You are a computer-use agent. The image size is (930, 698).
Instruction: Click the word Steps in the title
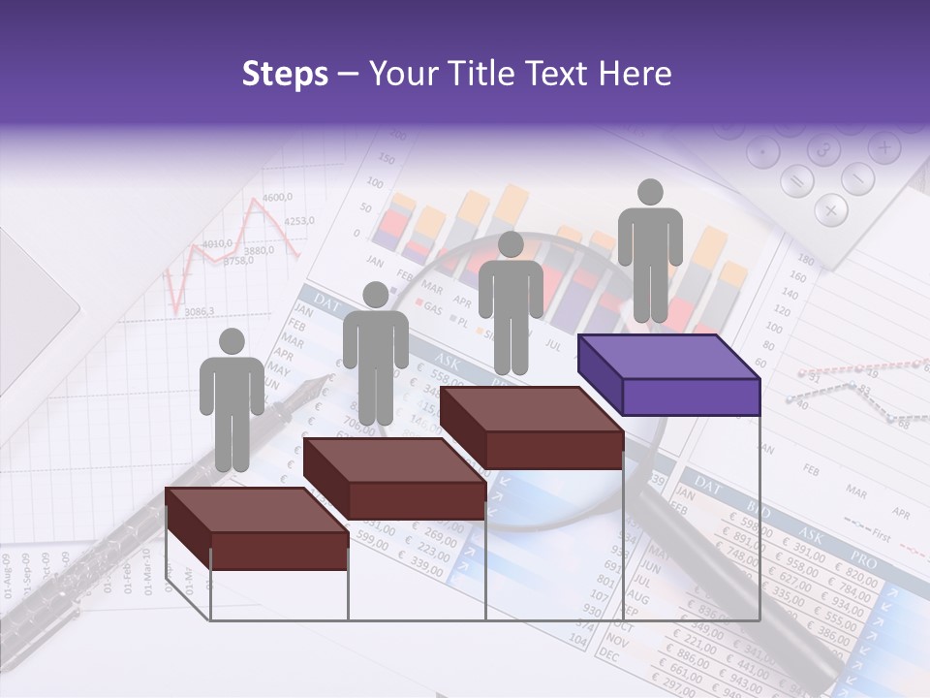[x=285, y=74]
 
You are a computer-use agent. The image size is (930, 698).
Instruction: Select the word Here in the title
[x=631, y=74]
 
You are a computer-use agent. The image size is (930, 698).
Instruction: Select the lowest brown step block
[x=257, y=528]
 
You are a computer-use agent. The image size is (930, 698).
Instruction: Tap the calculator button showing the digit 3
[x=824, y=151]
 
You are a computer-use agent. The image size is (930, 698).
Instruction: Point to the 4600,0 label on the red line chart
[x=277, y=198]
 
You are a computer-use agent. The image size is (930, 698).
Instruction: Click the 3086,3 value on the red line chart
[x=199, y=312]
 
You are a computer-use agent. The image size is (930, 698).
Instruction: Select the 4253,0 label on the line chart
[x=299, y=221]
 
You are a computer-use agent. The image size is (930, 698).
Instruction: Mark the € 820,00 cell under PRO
[x=858, y=582]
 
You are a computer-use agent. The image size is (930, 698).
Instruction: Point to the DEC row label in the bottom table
[x=608, y=656]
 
